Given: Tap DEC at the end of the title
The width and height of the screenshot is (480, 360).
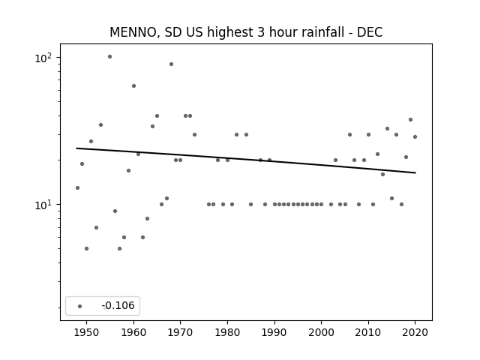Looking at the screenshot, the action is pyautogui.click(x=370, y=32).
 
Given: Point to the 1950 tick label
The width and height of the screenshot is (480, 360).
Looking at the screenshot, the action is pyautogui.click(x=87, y=332).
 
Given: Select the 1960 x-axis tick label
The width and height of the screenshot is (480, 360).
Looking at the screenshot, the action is pyautogui.click(x=133, y=332).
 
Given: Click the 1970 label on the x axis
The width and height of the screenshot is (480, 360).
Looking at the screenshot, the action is pyautogui.click(x=180, y=332).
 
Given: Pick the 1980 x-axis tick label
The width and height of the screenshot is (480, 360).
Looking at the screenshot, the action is pyautogui.click(x=227, y=332).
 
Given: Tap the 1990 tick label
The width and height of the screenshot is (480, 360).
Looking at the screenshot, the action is pyautogui.click(x=274, y=332).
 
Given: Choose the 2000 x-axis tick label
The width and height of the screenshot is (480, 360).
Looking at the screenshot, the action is pyautogui.click(x=321, y=332).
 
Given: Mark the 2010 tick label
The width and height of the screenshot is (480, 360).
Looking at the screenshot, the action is pyautogui.click(x=368, y=332).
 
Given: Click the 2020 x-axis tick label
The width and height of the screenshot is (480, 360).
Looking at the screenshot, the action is pyautogui.click(x=415, y=332).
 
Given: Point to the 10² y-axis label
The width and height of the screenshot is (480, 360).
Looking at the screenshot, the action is pyautogui.click(x=43, y=58).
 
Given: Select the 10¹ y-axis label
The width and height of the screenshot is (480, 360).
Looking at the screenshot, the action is pyautogui.click(x=43, y=205).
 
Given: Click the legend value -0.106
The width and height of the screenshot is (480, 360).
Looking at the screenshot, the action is pyautogui.click(x=118, y=305).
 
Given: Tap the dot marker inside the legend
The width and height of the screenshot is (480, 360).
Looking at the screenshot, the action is pyautogui.click(x=80, y=306).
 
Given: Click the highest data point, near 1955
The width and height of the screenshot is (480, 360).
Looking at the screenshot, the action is pyautogui.click(x=110, y=57).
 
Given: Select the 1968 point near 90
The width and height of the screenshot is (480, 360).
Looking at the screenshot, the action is pyautogui.click(x=172, y=64).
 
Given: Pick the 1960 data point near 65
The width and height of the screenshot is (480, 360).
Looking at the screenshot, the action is pyautogui.click(x=133, y=86).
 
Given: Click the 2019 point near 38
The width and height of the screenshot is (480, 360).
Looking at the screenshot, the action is pyautogui.click(x=410, y=120).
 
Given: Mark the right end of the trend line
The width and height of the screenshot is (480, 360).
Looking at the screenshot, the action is pyautogui.click(x=415, y=173).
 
